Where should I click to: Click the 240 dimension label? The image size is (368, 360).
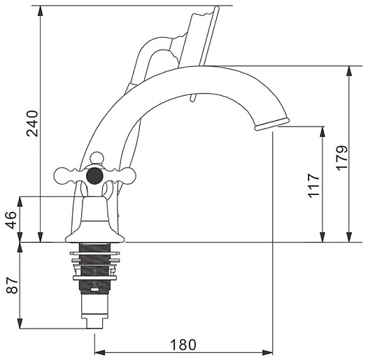coord(32,123)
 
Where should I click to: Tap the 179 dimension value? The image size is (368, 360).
coord(341,158)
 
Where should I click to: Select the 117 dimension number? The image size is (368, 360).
coord(314,185)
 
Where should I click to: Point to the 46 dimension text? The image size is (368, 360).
coord(11,220)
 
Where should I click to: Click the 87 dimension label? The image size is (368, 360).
coord(12,285)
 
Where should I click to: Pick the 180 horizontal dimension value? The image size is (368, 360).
coord(183,345)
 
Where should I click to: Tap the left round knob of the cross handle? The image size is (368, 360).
coord(62,175)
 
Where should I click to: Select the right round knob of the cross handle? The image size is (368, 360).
coord(129,175)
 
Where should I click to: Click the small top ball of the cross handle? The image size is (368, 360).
coord(97,157)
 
